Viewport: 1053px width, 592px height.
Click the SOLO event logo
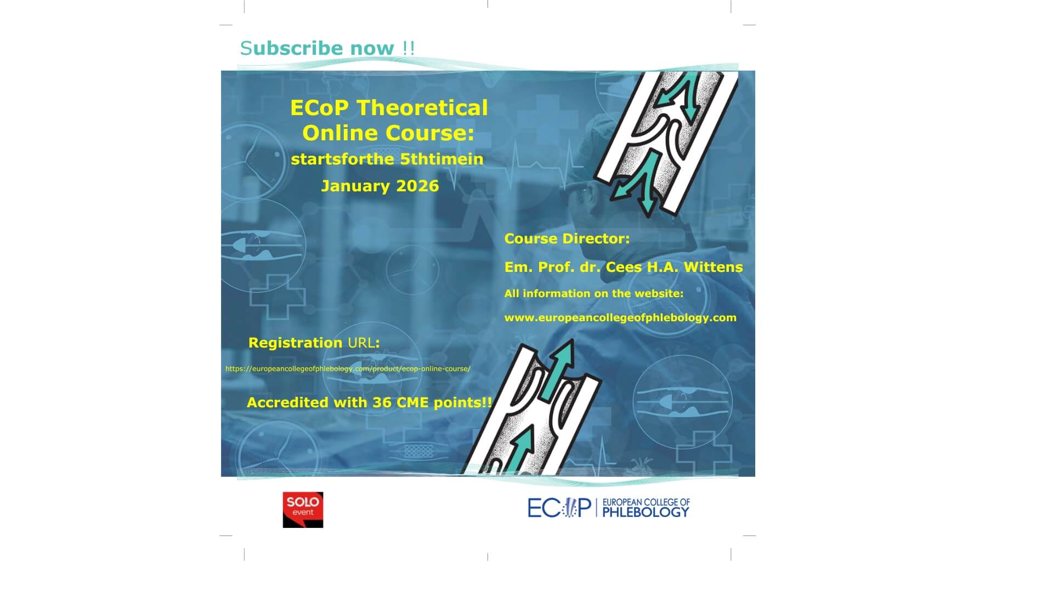[x=303, y=509]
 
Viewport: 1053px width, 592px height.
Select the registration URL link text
[x=348, y=369]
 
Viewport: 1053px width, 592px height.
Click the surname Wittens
[x=713, y=267]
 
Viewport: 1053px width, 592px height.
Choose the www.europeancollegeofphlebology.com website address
[x=620, y=318]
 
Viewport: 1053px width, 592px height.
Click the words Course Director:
[x=567, y=239]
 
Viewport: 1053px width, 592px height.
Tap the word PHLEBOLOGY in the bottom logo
[x=646, y=513]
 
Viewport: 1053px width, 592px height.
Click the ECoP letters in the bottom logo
[x=558, y=508]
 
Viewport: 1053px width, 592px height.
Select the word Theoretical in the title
[x=422, y=108]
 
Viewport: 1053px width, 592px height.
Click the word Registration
[x=295, y=343]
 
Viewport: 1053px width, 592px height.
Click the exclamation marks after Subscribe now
[x=409, y=48]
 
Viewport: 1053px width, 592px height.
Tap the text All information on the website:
[x=593, y=294]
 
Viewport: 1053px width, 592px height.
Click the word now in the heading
[x=372, y=48]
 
